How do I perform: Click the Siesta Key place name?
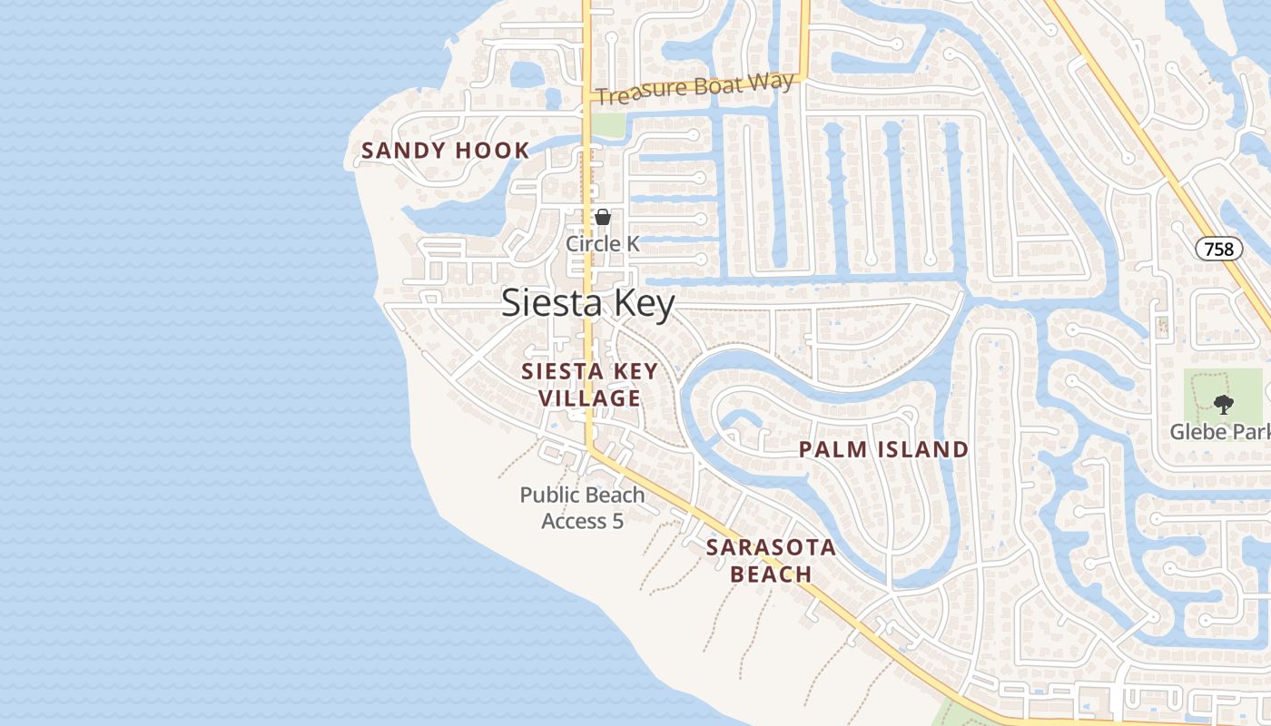588,303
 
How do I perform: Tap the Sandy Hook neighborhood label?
445,151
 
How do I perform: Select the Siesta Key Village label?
589,384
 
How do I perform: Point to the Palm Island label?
883,449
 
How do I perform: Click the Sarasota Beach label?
771,560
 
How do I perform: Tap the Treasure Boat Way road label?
696,89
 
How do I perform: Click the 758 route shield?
1218,249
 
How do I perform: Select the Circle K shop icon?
602,218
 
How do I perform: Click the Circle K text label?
603,243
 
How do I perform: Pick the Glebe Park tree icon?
1224,405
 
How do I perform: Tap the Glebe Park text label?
1219,431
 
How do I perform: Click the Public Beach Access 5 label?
582,507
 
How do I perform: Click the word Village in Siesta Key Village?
589,397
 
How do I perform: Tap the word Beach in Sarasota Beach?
771,574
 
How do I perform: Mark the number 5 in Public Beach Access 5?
617,521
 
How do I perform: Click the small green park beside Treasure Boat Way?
608,125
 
